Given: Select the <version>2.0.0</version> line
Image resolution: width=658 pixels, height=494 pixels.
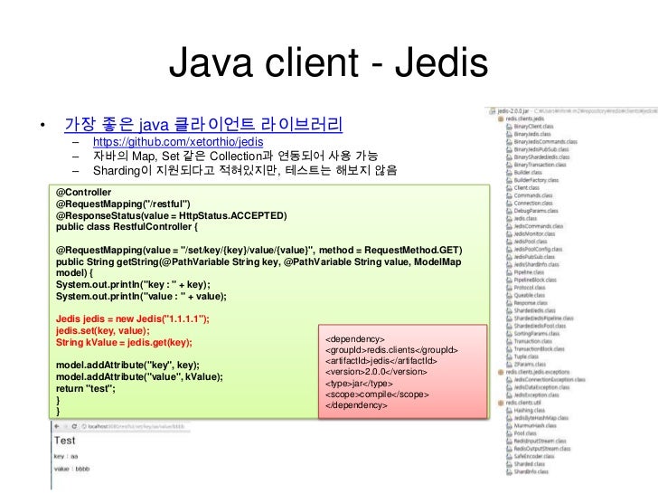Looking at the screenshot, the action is (375, 372).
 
